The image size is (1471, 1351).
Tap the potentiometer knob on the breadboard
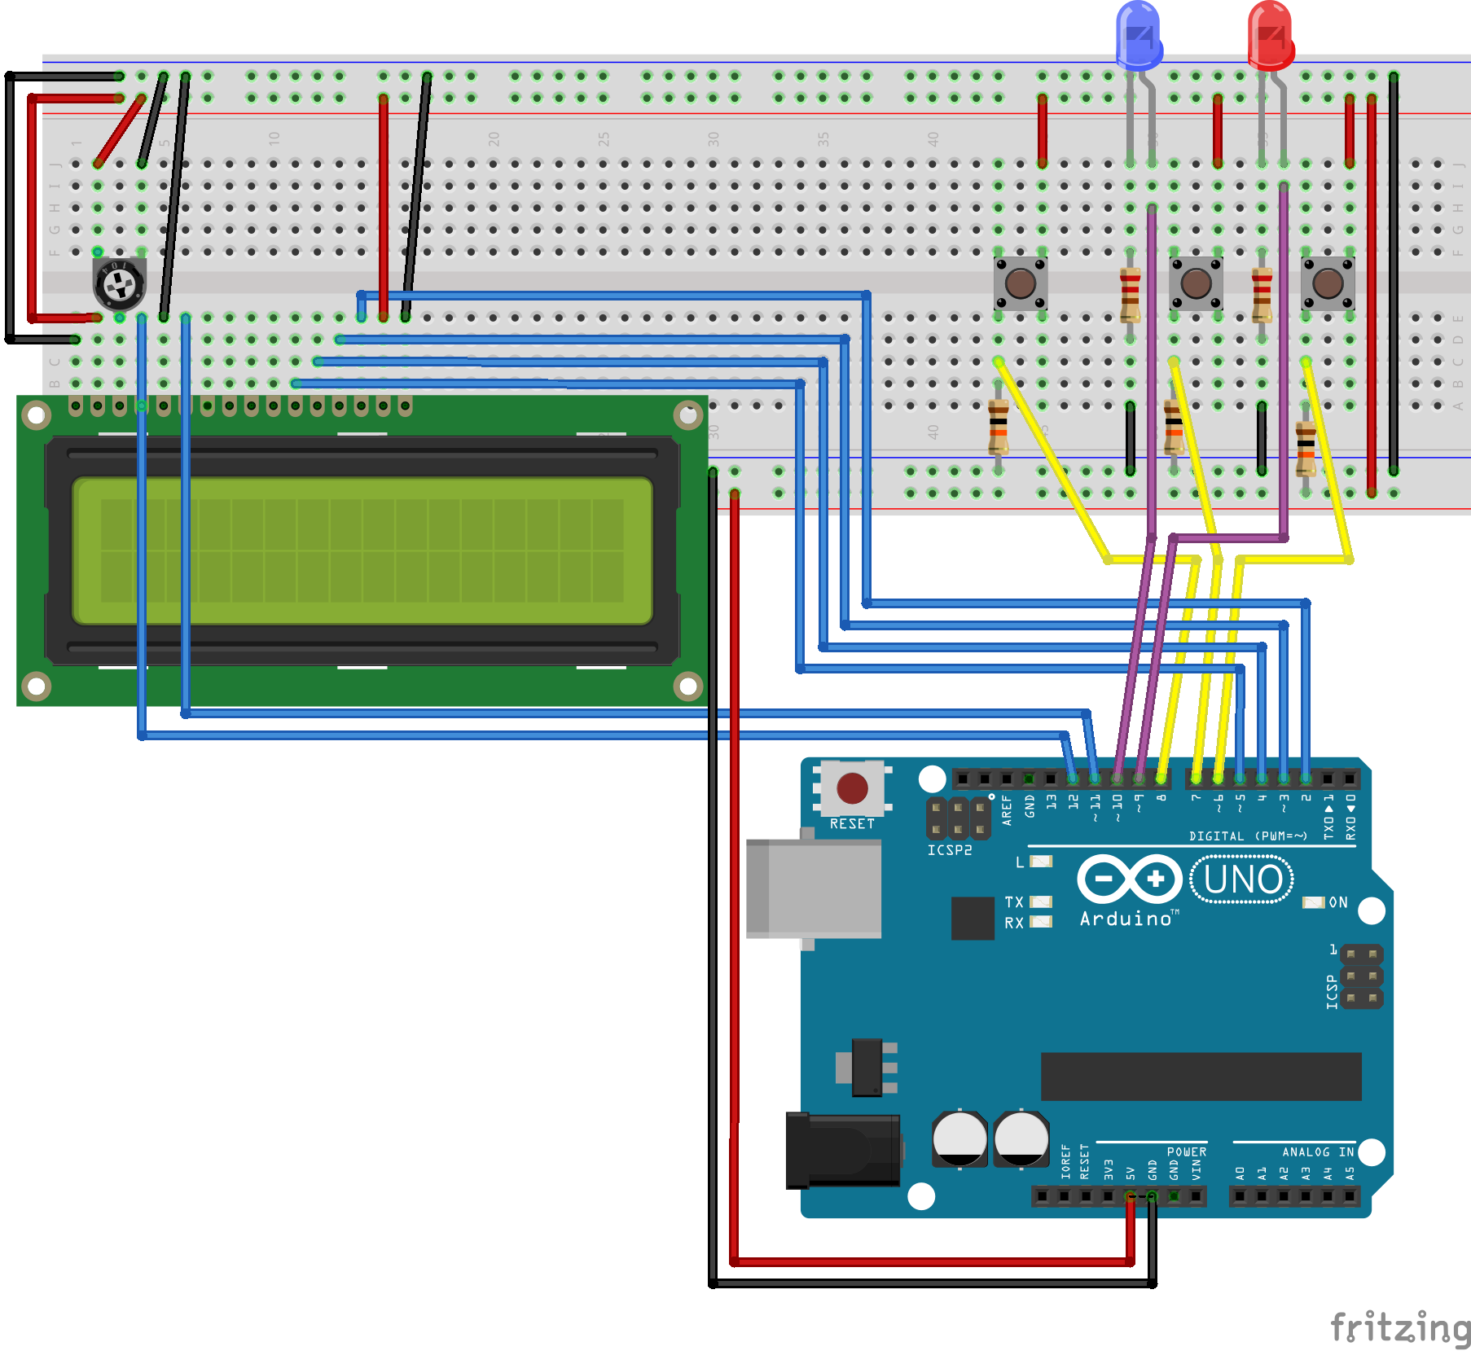(x=120, y=284)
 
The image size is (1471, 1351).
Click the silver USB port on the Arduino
(x=814, y=888)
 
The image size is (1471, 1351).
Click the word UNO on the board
(x=1242, y=879)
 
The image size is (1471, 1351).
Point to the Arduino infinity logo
(x=1129, y=879)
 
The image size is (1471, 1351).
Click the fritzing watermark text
(x=1399, y=1327)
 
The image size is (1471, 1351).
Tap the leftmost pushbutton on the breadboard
(x=1020, y=283)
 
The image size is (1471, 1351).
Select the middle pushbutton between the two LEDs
(x=1196, y=283)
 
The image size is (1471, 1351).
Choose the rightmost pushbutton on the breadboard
(x=1328, y=283)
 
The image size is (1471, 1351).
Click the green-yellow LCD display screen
(x=362, y=550)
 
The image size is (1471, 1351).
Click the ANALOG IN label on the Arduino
(x=1317, y=1151)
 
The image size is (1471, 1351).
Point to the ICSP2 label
(x=950, y=850)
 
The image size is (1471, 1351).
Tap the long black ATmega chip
(x=1201, y=1076)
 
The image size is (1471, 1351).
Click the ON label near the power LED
(x=1338, y=902)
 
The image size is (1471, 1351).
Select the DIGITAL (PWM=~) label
(x=1248, y=836)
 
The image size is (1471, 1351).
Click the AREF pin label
(x=1007, y=810)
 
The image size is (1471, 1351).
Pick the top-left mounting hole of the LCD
(x=37, y=415)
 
